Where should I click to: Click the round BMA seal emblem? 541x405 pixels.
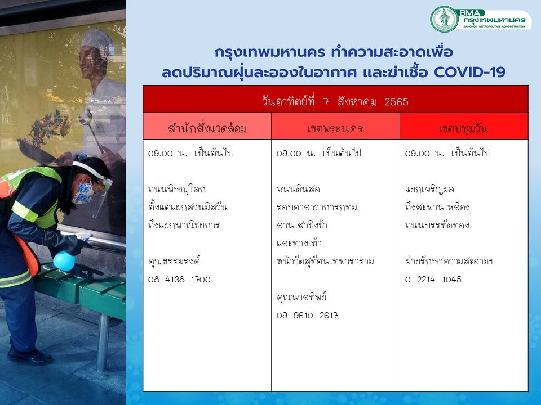pos(444,19)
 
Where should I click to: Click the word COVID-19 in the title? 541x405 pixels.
pos(469,73)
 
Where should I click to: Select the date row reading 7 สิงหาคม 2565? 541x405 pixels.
pos(335,102)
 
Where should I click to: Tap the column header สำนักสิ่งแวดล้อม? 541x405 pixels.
pos(207,128)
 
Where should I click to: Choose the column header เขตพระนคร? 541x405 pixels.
pos(335,128)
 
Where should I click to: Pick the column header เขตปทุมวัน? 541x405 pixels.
pos(463,128)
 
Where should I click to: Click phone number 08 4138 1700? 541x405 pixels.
pos(179,280)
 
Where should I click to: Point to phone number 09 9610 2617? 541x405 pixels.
pos(307,315)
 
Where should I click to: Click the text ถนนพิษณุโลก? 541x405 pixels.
pos(176,189)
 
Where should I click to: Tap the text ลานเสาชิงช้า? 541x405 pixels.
pos(302,225)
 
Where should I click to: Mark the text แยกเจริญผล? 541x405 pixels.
pos(429,189)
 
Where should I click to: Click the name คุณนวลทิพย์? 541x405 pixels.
pos(301,297)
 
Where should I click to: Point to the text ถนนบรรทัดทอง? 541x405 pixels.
pos(437,225)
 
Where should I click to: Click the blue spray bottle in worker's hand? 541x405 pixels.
pos(64,260)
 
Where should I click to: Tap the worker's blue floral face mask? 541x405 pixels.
pos(83,193)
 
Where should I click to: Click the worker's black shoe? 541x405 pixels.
pos(29,355)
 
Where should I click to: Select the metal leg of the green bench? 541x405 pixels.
pos(103,343)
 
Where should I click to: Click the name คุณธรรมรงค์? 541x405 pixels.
pos(174,261)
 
